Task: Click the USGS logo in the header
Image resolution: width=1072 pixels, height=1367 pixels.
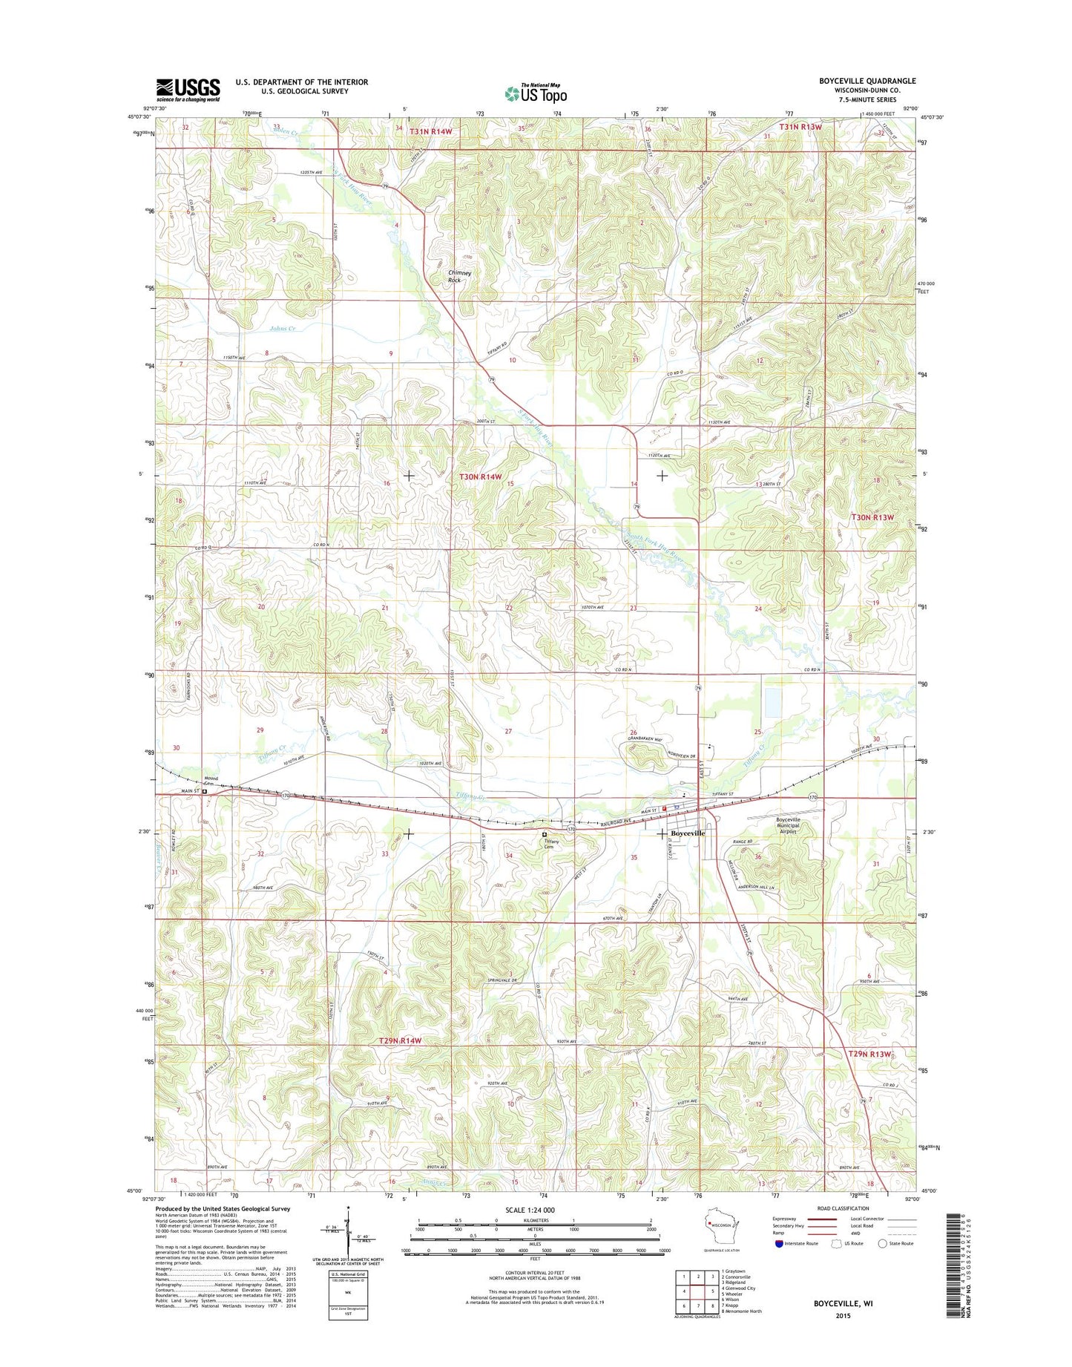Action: pos(188,90)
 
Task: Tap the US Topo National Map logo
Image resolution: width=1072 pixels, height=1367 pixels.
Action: pos(536,93)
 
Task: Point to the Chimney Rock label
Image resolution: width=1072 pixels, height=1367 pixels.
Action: pos(459,276)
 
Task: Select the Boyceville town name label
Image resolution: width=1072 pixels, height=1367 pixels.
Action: pos(688,833)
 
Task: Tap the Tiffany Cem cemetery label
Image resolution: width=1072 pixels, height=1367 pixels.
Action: pos(550,843)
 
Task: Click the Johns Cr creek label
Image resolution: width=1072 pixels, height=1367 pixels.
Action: pos(282,328)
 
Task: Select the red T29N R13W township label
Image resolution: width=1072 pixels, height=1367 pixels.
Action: pos(870,1054)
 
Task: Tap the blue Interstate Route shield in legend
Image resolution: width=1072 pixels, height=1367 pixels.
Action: pos(778,1243)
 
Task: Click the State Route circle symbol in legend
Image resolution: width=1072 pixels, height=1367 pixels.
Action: pos(882,1243)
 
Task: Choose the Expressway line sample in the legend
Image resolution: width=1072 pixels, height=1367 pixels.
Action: pos(821,1219)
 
